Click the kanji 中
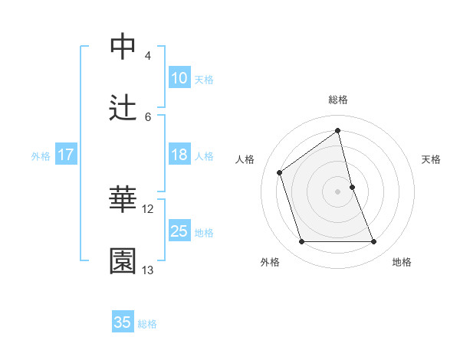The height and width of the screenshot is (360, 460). [123, 45]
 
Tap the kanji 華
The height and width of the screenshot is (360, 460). [123, 198]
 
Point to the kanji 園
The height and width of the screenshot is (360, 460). [123, 260]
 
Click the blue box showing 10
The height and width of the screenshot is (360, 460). [179, 78]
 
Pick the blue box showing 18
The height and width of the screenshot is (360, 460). [179, 155]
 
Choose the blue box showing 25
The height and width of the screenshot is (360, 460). [179, 231]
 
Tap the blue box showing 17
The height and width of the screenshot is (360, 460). [65, 155]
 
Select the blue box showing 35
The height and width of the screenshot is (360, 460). [123, 322]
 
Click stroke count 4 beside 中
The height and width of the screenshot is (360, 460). [148, 55]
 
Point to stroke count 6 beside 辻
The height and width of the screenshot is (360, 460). [148, 116]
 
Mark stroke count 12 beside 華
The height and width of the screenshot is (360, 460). [148, 208]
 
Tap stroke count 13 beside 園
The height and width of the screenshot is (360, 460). [148, 270]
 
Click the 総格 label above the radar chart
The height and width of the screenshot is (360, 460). [337, 100]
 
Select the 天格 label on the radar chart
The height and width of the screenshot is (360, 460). [431, 159]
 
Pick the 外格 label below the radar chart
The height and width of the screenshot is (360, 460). [270, 262]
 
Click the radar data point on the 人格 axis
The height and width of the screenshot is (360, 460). [279, 172]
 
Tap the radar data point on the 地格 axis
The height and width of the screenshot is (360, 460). [374, 242]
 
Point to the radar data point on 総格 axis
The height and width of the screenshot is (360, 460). [337, 130]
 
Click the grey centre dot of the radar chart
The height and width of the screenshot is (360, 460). [337, 191]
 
